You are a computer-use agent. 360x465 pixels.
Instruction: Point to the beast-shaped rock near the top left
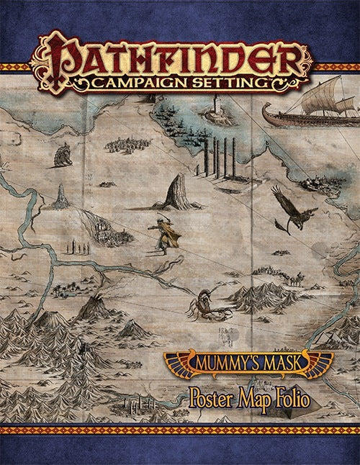[63, 154]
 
